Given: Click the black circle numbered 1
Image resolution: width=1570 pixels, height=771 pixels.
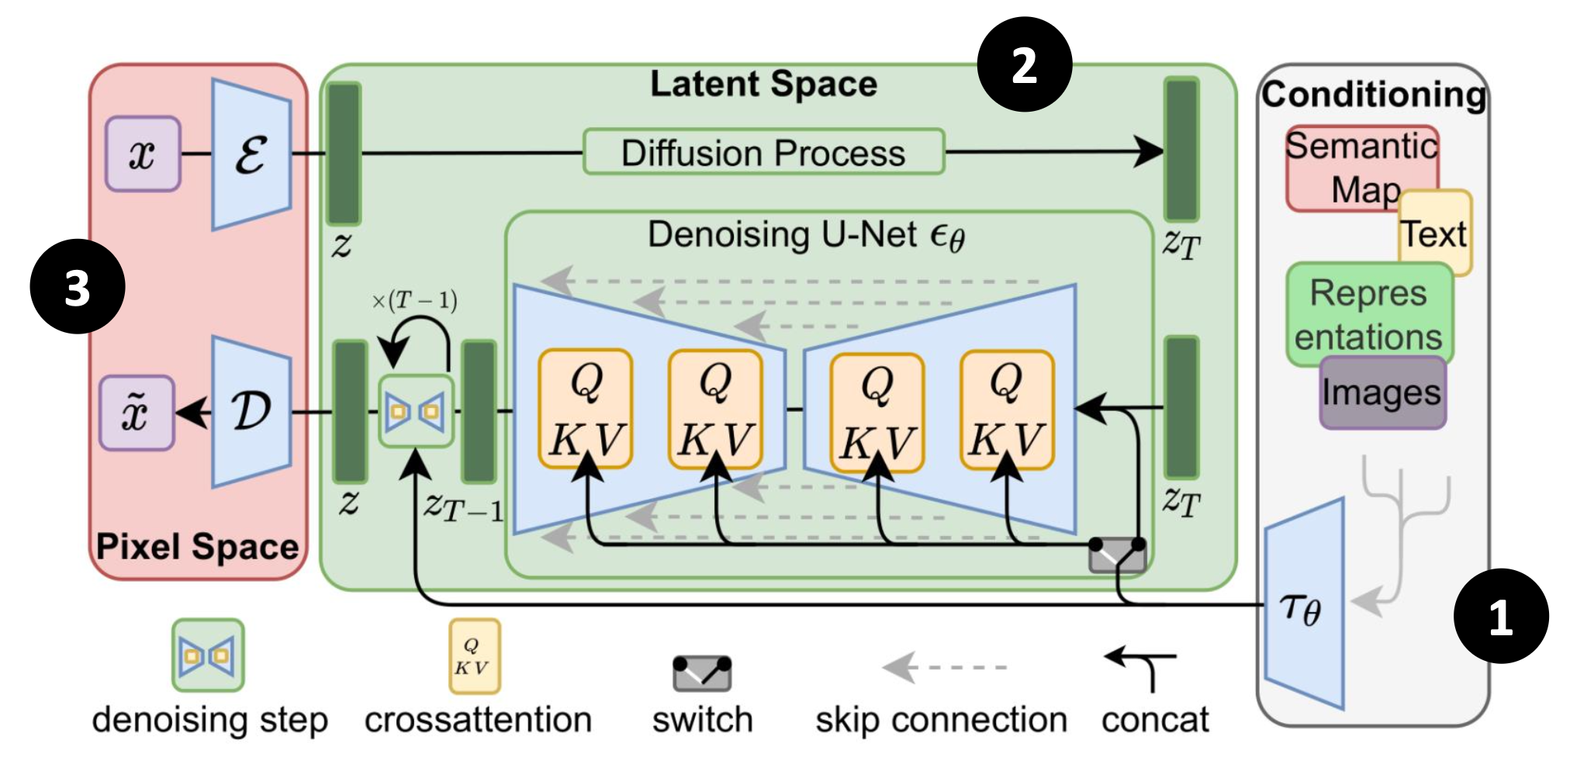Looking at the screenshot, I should pos(1500,617).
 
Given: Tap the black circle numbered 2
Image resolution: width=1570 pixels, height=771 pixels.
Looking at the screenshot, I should pos(1024,65).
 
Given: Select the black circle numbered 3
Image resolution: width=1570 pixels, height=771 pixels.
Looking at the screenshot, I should pos(78,287).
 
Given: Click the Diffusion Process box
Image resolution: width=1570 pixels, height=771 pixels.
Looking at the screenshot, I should pos(763,152).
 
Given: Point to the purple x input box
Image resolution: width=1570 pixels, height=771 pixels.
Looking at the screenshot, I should pos(143,154).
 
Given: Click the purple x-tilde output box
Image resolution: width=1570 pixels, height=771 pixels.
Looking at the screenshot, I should pos(137,412).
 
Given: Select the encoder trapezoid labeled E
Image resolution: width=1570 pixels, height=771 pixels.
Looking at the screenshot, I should pos(251,154).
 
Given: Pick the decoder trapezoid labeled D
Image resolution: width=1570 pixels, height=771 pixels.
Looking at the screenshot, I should pos(251,412).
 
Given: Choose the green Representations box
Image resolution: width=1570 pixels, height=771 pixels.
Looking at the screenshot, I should pos(1368,313).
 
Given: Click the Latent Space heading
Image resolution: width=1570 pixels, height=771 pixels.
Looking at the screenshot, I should pos(763,84).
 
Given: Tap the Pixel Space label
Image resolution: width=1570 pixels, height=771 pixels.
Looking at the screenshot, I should pos(197,547).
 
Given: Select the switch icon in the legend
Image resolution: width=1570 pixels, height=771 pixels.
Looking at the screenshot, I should pos(701,672).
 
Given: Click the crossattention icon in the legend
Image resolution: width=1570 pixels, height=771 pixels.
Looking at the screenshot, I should pos(474,656).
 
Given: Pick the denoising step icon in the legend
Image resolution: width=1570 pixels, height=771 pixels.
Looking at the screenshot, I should pos(208,655).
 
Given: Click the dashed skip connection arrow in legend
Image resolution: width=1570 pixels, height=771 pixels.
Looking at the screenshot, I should pos(943,667).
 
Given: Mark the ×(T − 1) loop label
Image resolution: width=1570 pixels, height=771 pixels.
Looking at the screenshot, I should pos(414,301).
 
